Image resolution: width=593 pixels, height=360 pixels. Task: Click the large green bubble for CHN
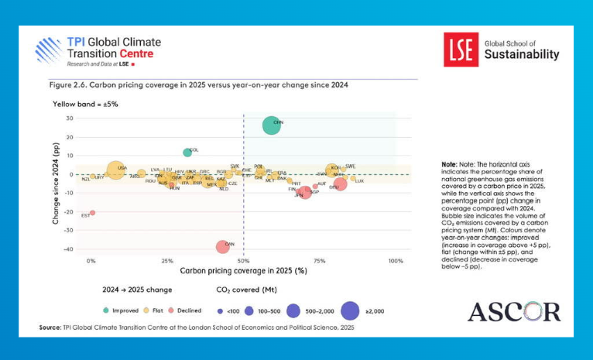(272, 125)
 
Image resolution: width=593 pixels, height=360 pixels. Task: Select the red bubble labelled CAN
(223, 246)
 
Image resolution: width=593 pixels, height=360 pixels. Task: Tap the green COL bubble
(187, 153)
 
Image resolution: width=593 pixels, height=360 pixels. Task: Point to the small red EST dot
(92, 212)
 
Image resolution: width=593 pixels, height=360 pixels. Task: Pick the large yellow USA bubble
(115, 171)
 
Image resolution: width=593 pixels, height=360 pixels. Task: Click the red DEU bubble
(339, 184)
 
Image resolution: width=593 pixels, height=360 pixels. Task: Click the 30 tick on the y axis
(69, 118)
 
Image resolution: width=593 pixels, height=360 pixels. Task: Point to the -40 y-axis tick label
(68, 249)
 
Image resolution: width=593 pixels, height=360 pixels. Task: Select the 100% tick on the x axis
(396, 261)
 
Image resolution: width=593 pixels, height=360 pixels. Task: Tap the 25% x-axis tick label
(167, 261)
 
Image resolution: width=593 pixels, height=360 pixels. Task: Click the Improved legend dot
(106, 310)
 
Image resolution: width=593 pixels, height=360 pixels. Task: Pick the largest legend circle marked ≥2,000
(350, 310)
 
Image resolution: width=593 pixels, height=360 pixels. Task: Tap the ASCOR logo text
(514, 312)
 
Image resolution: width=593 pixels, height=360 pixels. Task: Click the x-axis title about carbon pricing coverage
(244, 271)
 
